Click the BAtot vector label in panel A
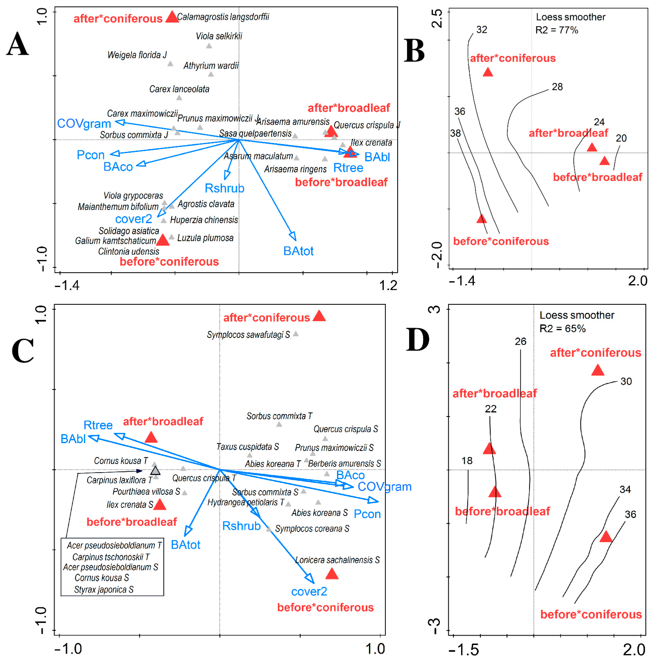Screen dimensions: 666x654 (x=298, y=251)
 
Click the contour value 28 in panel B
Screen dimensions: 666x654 (x=557, y=87)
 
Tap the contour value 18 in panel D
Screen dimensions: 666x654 (x=467, y=461)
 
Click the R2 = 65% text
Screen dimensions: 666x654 (x=562, y=329)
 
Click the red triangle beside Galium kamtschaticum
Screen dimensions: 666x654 (x=163, y=240)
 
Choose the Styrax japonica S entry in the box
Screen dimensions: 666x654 (x=104, y=589)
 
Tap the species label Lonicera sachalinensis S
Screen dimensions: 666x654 (x=337, y=560)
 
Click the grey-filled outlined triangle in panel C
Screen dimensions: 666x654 (x=155, y=471)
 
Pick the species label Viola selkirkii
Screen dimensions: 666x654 (x=219, y=36)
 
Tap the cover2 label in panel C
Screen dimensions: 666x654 (x=309, y=591)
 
